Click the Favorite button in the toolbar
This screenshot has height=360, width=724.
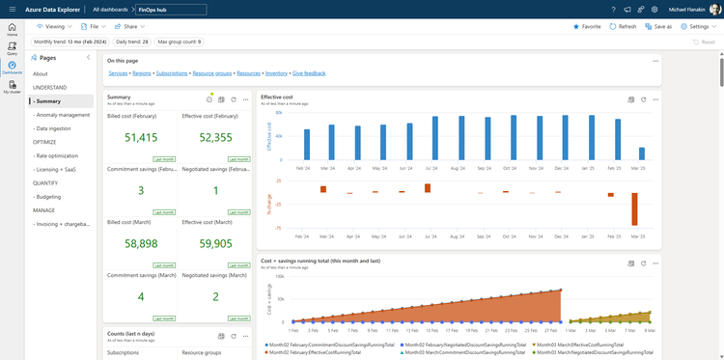click(x=586, y=27)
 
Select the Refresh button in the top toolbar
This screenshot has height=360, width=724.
click(x=623, y=27)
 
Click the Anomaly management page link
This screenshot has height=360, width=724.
click(x=62, y=114)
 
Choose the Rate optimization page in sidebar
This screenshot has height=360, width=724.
click(x=56, y=154)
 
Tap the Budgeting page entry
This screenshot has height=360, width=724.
click(x=49, y=195)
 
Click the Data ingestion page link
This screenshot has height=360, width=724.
click(x=53, y=127)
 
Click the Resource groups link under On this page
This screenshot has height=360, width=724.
click(x=211, y=73)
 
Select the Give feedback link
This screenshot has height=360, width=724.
click(x=309, y=73)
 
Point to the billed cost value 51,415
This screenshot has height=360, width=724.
click(x=141, y=138)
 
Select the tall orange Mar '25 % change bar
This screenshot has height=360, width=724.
click(x=635, y=208)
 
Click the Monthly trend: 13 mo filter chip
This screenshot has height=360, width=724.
click(x=70, y=42)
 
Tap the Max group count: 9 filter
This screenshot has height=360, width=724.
click(x=180, y=42)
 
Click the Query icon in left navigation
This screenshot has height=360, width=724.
click(x=12, y=48)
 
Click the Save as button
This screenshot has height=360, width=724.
click(x=658, y=27)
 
